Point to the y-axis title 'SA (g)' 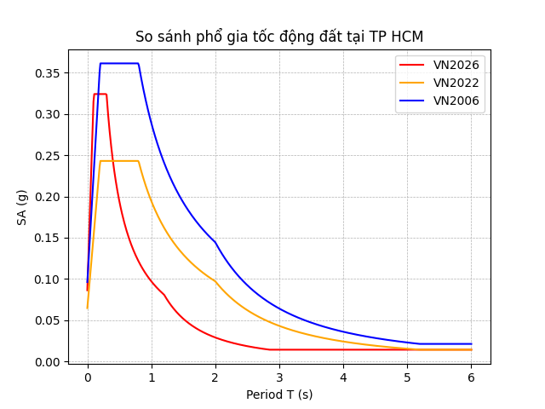[x=22, y=207]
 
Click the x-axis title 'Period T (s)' [x=279, y=395]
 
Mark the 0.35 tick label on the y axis [x=47, y=73]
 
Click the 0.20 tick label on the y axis [x=47, y=197]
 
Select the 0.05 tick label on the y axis [x=47, y=320]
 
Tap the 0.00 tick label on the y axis [x=47, y=362]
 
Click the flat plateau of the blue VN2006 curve [x=119, y=63]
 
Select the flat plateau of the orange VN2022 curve [x=119, y=161]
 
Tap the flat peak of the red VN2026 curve [x=100, y=94]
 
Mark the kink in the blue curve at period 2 [x=215, y=242]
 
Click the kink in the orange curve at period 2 [x=215, y=281]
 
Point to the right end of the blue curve [x=471, y=344]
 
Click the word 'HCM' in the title [x=407, y=37]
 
